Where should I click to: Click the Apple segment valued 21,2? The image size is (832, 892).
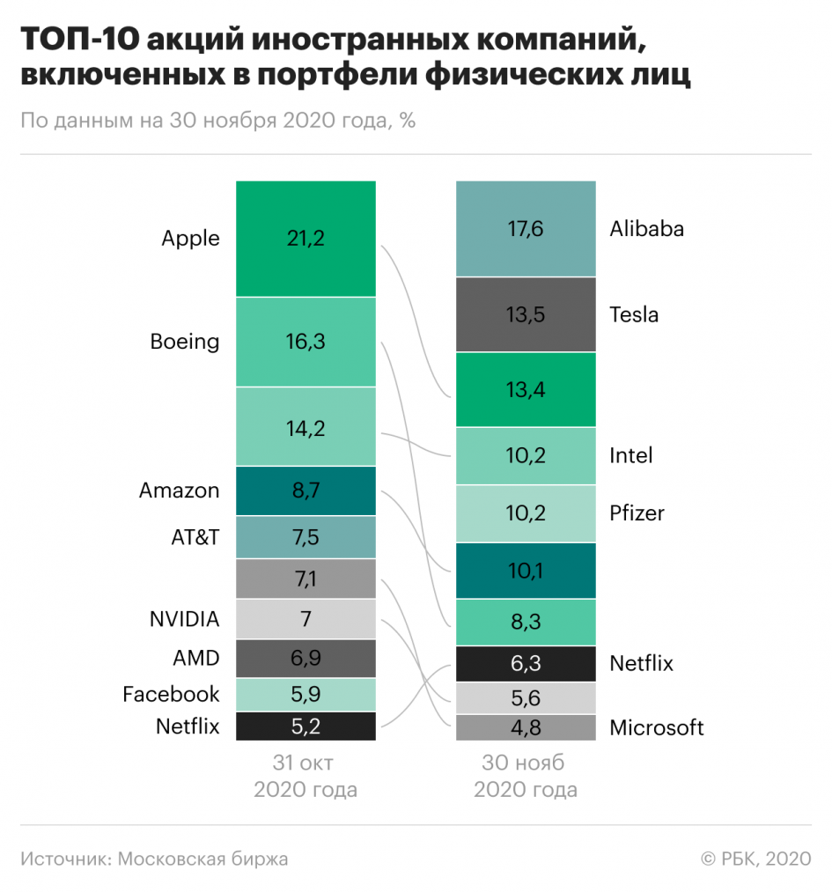coord(306,239)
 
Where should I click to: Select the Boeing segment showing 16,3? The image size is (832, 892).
coord(306,342)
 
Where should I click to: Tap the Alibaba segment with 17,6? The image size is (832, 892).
coord(526,229)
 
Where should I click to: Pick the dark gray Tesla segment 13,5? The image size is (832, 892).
coord(526,314)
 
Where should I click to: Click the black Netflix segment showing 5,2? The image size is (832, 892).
coord(306,726)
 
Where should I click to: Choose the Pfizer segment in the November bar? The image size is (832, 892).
coord(526,513)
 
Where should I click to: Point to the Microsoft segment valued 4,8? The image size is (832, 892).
coord(526,728)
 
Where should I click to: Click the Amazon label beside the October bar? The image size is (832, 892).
coord(179,490)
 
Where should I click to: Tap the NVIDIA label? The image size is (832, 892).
coord(184,618)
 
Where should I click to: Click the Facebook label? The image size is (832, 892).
coord(171,694)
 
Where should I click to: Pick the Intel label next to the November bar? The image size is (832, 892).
coord(631,455)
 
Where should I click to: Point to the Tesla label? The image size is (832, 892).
coord(634,314)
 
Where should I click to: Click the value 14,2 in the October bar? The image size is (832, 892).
coord(306,428)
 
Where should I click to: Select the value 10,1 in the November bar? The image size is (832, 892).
coord(526,571)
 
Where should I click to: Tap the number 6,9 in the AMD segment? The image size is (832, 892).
coord(306,659)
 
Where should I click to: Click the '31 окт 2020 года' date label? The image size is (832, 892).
coord(306,776)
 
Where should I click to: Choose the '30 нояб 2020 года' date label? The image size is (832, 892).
coord(526,776)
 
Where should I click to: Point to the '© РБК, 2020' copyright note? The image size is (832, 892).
coord(755,859)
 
